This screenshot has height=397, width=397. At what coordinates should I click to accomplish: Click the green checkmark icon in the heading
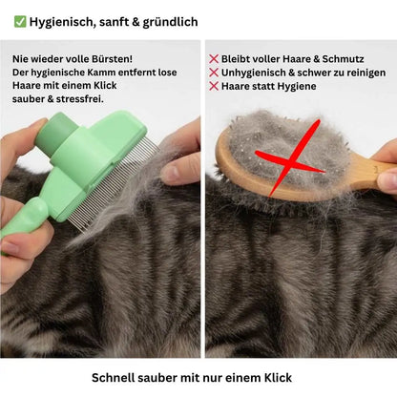click(x=20, y=21)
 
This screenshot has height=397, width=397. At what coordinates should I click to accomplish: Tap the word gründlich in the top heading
click(x=168, y=21)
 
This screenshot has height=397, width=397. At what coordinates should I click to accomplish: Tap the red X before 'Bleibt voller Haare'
click(x=214, y=59)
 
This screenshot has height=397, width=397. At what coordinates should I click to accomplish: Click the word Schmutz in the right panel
click(x=342, y=59)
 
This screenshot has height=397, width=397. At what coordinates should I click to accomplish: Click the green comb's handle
click(x=21, y=224)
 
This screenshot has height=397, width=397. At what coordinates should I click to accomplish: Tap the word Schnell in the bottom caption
click(x=115, y=377)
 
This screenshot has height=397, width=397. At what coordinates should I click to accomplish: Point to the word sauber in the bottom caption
click(x=164, y=377)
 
